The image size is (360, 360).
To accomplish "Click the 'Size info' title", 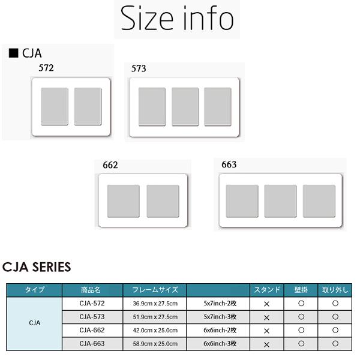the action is [x=177, y=19].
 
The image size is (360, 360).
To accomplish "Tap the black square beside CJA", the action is [x=14, y=53].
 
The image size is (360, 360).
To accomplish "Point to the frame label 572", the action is [x=46, y=68].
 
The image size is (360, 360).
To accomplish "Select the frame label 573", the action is [x=139, y=68].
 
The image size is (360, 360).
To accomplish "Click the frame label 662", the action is [x=110, y=165].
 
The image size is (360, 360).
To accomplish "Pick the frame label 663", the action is [x=229, y=164].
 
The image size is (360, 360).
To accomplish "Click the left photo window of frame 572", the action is [x=55, y=106].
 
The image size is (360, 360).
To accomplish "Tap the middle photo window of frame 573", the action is [x=185, y=107].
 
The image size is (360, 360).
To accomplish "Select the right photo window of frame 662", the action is [x=163, y=201].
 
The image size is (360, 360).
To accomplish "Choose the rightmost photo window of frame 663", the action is [x=319, y=201].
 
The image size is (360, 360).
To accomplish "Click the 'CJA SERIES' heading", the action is [x=37, y=267].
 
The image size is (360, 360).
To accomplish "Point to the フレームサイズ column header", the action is [x=155, y=290].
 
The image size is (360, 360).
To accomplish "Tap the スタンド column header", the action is [x=267, y=290].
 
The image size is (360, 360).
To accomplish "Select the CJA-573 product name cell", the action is [x=92, y=317].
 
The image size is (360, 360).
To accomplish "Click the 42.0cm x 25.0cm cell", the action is [x=155, y=331].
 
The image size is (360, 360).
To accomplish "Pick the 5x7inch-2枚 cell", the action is [x=220, y=304].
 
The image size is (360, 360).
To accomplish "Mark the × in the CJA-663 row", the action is [x=266, y=344].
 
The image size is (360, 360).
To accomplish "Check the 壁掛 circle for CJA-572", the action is [x=301, y=304].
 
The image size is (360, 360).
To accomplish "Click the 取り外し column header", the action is [x=335, y=290].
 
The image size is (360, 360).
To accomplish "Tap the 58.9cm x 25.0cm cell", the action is [x=155, y=344].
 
